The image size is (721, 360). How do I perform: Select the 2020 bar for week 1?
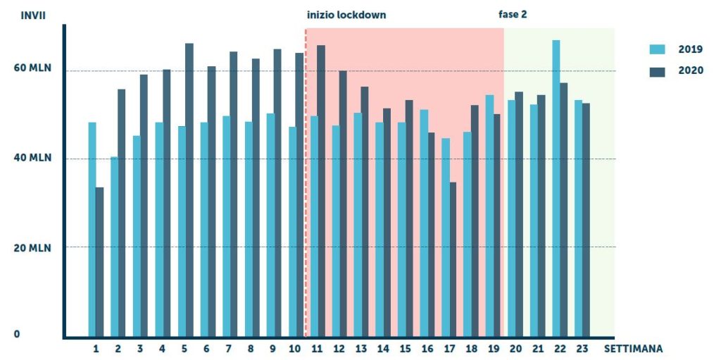pos(100,262)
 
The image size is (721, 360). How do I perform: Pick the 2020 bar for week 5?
pos(189,190)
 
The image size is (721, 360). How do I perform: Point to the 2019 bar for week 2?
pos(114,247)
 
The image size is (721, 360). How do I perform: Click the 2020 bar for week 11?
pos(321,191)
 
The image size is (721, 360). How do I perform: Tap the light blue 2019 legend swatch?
pos(657,49)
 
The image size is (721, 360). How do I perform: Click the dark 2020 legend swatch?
pos(657,70)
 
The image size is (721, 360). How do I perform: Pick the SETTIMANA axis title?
pos(633,349)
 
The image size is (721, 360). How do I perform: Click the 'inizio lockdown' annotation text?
pos(346,15)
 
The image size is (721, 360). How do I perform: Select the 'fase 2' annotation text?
pos(513,15)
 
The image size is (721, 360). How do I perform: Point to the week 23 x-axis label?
pos(582,349)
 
